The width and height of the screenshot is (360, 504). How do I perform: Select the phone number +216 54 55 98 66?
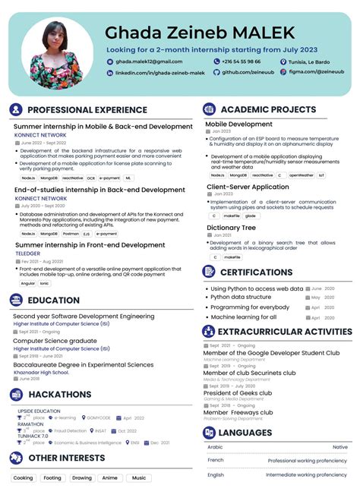click(x=241, y=61)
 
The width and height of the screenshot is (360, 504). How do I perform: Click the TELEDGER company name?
click(x=29, y=254)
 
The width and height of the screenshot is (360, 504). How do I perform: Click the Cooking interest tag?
click(x=24, y=477)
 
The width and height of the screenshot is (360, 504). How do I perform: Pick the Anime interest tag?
click(x=110, y=477)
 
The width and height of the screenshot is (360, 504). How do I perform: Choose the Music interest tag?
click(x=137, y=477)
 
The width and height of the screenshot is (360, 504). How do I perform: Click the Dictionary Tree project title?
click(x=231, y=228)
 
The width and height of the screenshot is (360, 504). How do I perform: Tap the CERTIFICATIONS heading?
click(x=256, y=272)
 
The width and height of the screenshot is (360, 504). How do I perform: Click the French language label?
click(x=216, y=460)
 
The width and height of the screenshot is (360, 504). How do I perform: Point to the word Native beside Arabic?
click(x=339, y=447)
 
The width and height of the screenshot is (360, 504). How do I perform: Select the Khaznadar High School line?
click(x=41, y=371)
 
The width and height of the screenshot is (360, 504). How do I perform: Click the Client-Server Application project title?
click(x=248, y=187)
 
